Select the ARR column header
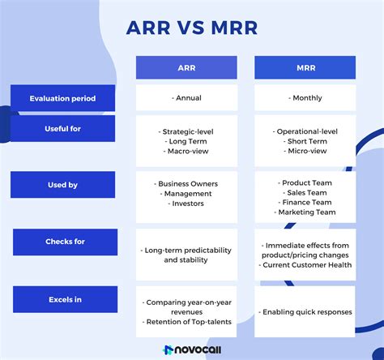[x=186, y=67]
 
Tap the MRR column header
[x=305, y=67]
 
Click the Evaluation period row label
[x=62, y=98]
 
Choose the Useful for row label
[x=62, y=129]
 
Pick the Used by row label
[x=62, y=185]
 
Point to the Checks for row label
[x=65, y=241]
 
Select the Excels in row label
[x=65, y=300]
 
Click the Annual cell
[x=186, y=98]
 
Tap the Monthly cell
[x=305, y=98]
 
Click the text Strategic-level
[x=187, y=130]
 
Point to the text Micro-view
[x=305, y=151]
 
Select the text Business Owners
[x=187, y=183]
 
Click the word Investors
[x=187, y=204]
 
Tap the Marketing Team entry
[x=305, y=212]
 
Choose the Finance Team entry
[x=305, y=203]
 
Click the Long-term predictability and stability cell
[x=186, y=255]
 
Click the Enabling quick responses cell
[x=305, y=312]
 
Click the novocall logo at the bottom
[x=192, y=349]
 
